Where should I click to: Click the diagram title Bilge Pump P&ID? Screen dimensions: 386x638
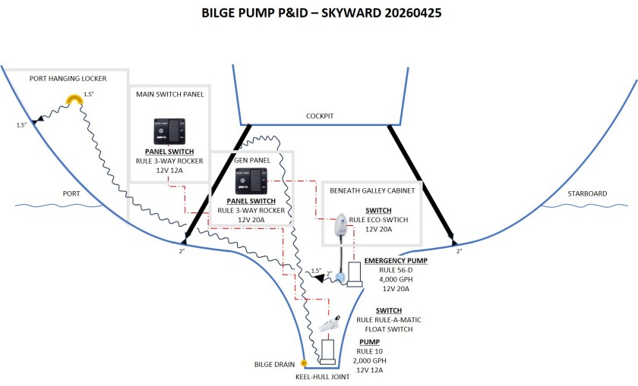(x=318, y=13)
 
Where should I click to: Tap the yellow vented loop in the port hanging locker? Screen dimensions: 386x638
(x=74, y=99)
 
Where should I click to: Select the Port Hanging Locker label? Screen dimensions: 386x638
(x=68, y=78)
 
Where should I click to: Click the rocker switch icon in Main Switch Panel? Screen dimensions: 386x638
(x=168, y=130)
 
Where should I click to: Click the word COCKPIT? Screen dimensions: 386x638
(x=320, y=116)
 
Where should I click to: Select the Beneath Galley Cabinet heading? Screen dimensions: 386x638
(x=372, y=191)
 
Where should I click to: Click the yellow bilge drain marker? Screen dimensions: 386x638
(x=304, y=363)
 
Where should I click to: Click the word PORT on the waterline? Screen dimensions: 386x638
(x=71, y=193)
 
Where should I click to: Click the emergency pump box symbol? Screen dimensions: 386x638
(x=355, y=271)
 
